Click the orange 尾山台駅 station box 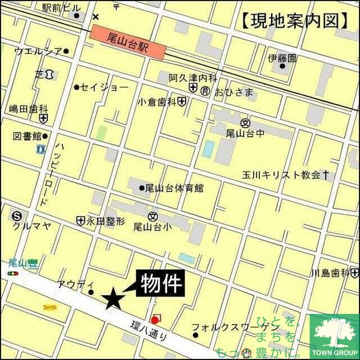pyautogui.click(x=128, y=43)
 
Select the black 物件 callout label pyautogui.click(x=161, y=282)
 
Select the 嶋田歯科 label pyautogui.click(x=29, y=109)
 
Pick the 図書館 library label pyautogui.click(x=26, y=136)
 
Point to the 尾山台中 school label pyautogui.click(x=244, y=133)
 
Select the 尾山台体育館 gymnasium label pyautogui.click(x=174, y=188)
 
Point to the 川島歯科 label pyautogui.click(x=331, y=273)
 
